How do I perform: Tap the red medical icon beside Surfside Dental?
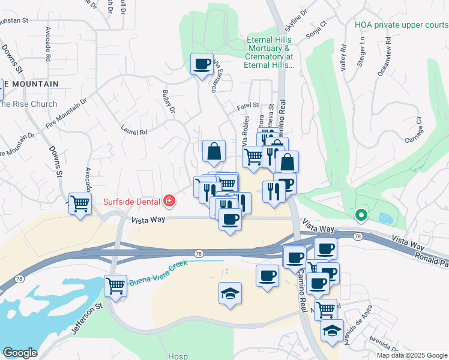pos(170,201)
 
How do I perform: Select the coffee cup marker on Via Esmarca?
pos(202,63)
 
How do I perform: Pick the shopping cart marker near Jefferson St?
pos(115,285)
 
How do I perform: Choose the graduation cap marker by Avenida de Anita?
pos(332,331)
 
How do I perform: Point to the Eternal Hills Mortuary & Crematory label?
pos(269,52)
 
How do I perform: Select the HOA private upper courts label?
pos(401,25)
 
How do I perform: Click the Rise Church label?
pos(28,104)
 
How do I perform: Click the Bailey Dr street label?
pos(169,101)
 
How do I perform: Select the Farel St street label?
pos(247,106)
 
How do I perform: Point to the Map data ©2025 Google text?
pos(412,355)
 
